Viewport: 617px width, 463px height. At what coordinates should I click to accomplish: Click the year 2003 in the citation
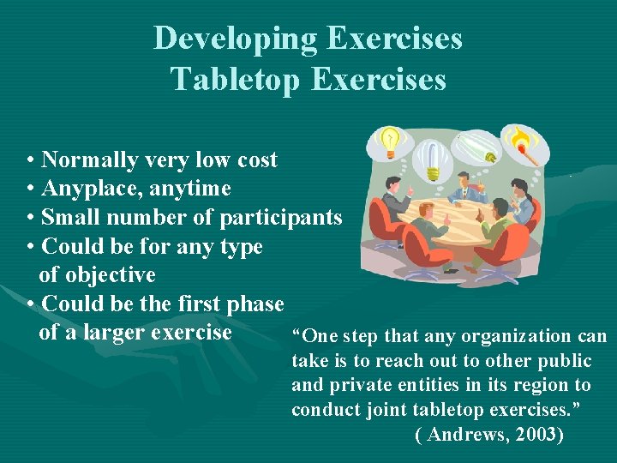tap(534, 435)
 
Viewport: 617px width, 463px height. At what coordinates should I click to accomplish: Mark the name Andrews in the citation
tap(467, 435)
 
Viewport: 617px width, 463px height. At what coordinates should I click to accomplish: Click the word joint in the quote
tap(398, 409)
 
